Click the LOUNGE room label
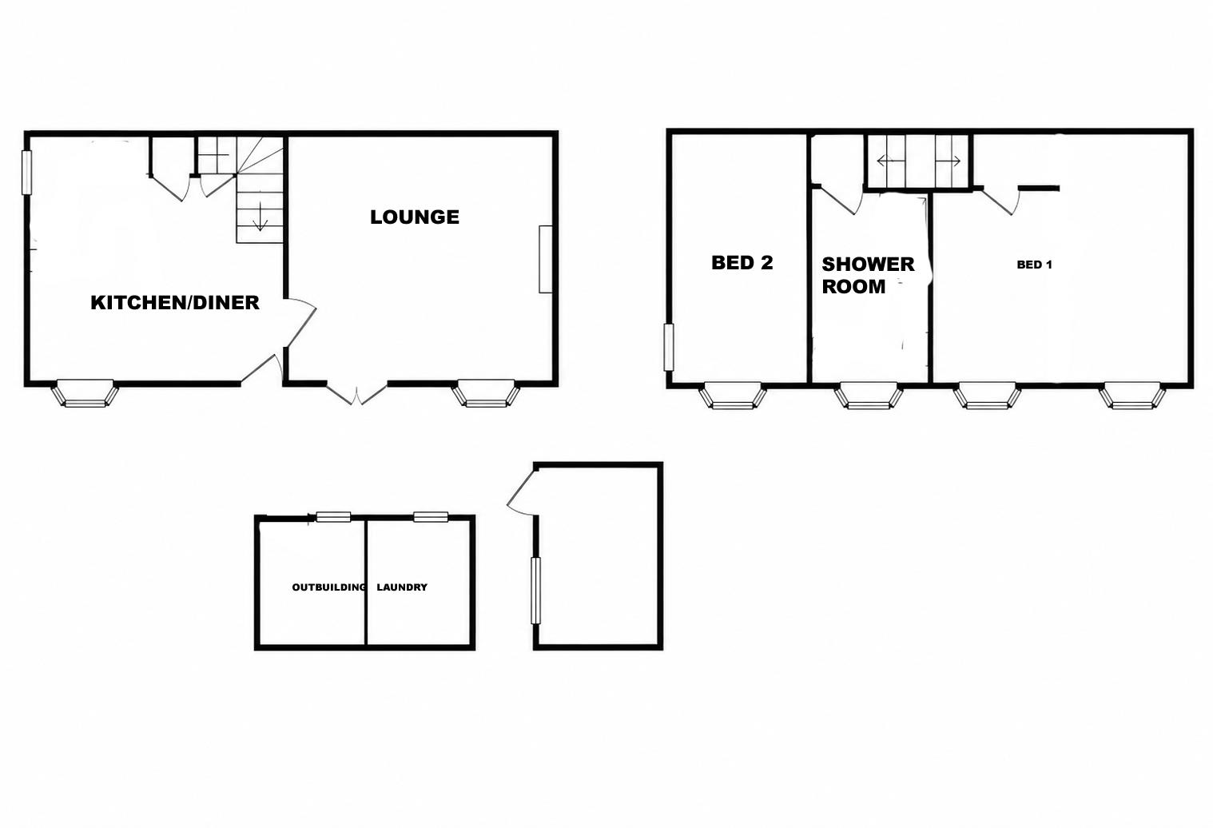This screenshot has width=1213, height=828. [415, 217]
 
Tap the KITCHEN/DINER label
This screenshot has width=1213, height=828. [175, 303]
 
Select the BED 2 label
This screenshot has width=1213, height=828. [742, 263]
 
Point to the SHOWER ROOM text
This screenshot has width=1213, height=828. [868, 275]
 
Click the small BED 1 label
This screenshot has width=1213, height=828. [1034, 265]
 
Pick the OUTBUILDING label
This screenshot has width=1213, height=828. [328, 587]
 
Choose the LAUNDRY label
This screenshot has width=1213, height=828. [402, 587]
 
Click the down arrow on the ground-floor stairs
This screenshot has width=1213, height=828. [260, 217]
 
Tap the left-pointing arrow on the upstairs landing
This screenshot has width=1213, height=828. [891, 161]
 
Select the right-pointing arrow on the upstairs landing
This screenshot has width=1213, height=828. [949, 161]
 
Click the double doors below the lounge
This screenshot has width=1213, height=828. [357, 394]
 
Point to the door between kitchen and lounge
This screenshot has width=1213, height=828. [300, 321]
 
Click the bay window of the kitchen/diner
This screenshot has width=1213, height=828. [85, 394]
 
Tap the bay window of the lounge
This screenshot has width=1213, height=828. [486, 394]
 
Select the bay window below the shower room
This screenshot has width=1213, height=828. [869, 396]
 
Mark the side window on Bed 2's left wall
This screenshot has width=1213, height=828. [669, 347]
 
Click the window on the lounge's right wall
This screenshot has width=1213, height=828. [545, 259]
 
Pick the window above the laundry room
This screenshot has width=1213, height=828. [431, 516]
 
